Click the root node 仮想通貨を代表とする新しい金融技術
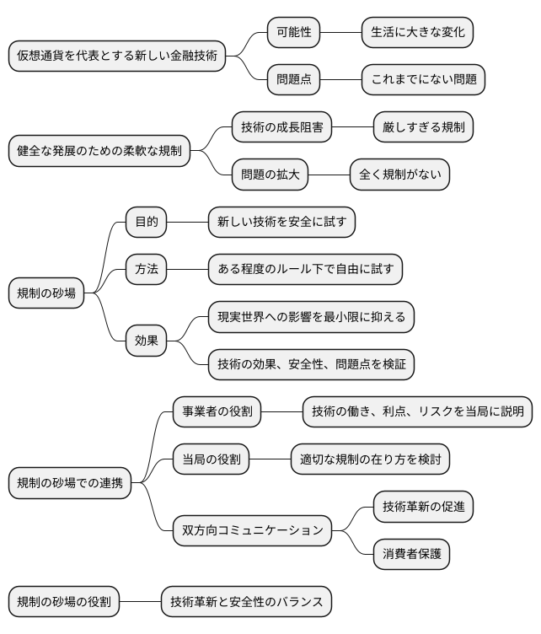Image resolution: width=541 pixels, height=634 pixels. [x=117, y=56]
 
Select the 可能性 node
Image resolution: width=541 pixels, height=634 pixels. [x=294, y=33]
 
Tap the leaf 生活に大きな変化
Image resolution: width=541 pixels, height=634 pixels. [x=417, y=33]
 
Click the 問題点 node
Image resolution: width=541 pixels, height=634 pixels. [x=294, y=80]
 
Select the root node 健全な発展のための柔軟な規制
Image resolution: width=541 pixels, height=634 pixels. [x=99, y=152]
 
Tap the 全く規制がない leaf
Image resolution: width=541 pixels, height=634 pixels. [x=399, y=175]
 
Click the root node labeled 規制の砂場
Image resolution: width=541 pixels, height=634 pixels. [x=46, y=293]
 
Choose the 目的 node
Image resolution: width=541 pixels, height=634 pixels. [x=147, y=223]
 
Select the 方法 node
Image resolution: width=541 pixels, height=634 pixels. [x=147, y=270]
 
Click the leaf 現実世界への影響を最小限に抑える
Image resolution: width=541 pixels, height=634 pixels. [x=311, y=317]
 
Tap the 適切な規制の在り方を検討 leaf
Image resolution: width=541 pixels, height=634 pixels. [x=370, y=459]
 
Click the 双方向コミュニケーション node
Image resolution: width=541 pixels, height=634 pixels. [x=253, y=530]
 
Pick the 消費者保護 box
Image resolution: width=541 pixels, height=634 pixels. [x=411, y=554]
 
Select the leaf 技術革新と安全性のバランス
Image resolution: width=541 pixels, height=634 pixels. [x=246, y=602]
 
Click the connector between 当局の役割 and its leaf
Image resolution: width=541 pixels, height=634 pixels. [x=270, y=459]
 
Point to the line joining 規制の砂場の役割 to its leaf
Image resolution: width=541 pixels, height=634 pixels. [x=140, y=602]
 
